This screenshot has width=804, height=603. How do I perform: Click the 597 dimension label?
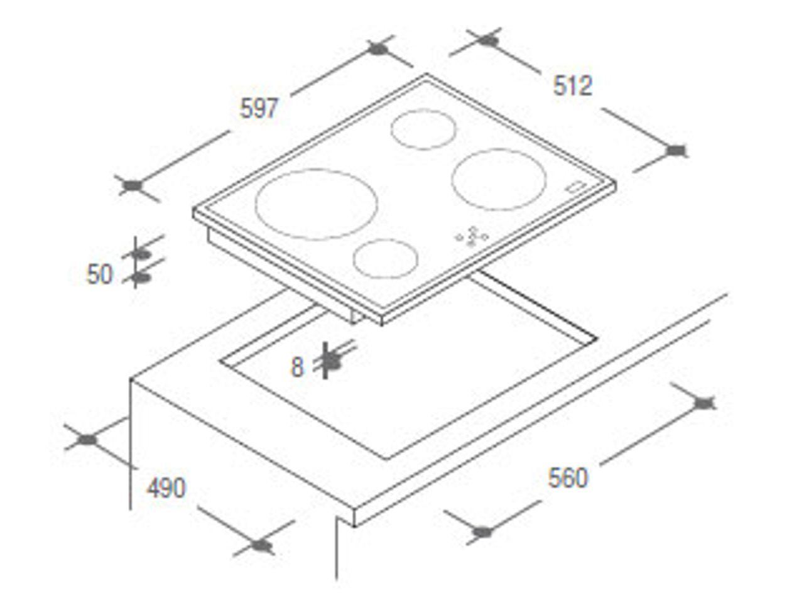click(259, 109)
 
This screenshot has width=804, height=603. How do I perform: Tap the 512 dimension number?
click(572, 85)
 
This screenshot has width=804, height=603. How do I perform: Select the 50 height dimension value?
click(99, 274)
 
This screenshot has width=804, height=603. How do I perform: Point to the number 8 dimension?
click(298, 367)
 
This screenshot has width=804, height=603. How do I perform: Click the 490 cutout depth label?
click(166, 487)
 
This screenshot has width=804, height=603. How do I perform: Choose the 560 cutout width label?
click(568, 478)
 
